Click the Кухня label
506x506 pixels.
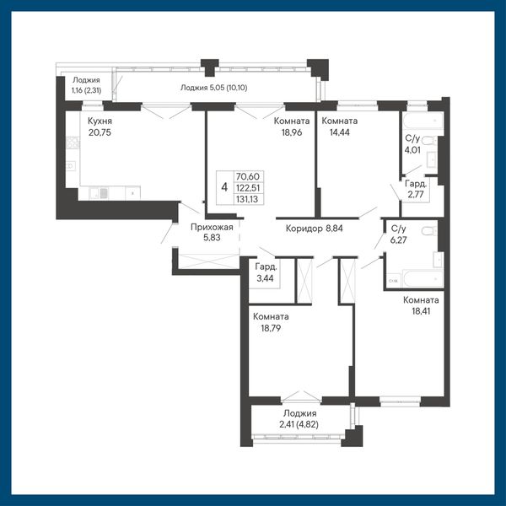click(100, 121)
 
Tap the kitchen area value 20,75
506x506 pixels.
click(100, 132)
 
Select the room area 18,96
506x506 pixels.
click(292, 132)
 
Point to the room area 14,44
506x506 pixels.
click(340, 132)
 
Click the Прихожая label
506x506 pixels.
click(212, 227)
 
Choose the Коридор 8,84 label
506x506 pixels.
click(314, 229)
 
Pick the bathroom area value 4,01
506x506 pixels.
click(412, 150)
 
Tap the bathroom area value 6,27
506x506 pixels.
click(398, 240)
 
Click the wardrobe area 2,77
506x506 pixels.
click(416, 194)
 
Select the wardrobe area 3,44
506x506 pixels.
click(265, 278)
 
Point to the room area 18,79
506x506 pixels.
click(271, 328)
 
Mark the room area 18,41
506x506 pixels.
click(421, 311)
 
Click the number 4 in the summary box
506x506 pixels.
click(224, 187)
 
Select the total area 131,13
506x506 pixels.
click(247, 199)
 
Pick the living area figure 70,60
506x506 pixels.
click(248, 176)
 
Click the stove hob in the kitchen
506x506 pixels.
click(73, 143)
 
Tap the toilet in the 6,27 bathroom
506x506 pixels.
click(429, 231)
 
